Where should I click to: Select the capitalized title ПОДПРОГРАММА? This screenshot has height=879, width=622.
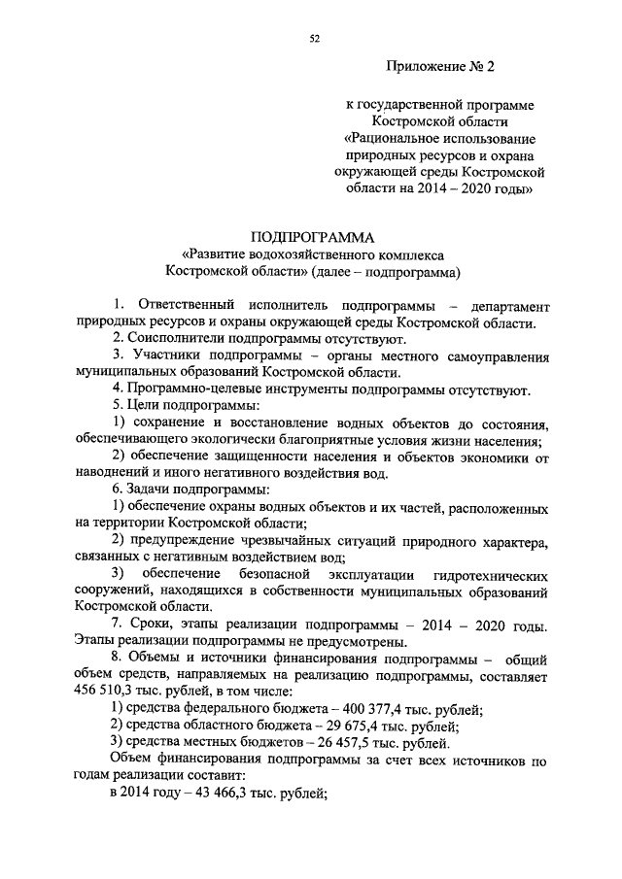(311, 237)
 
